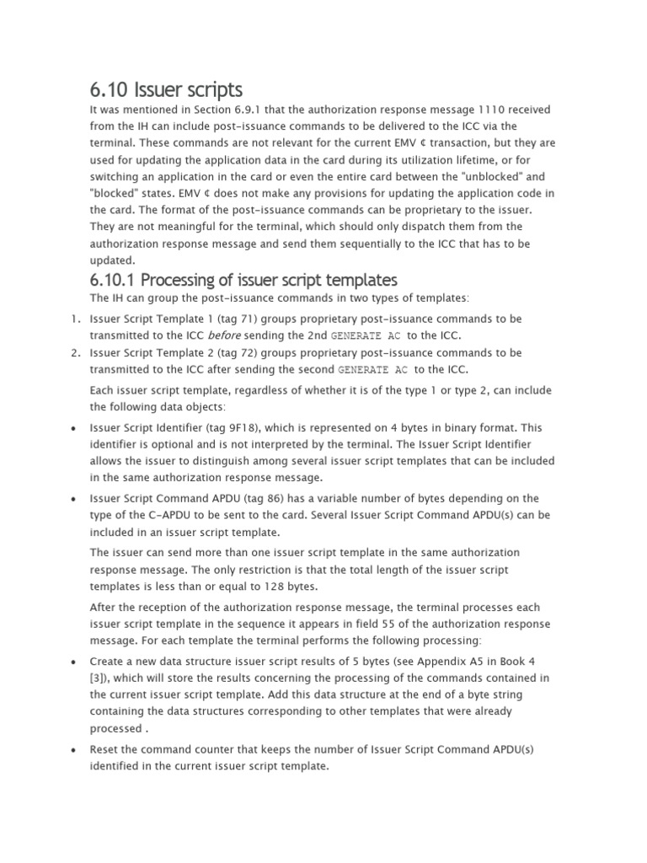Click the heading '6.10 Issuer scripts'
pyautogui.click(x=166, y=89)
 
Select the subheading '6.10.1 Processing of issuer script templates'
pyautogui.click(x=243, y=279)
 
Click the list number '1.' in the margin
pyautogui.click(x=75, y=319)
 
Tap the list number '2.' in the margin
pyautogui.click(x=75, y=352)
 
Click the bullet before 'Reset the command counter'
pyautogui.click(x=75, y=749)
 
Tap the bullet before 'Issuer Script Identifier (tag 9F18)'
pyautogui.click(x=75, y=428)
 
